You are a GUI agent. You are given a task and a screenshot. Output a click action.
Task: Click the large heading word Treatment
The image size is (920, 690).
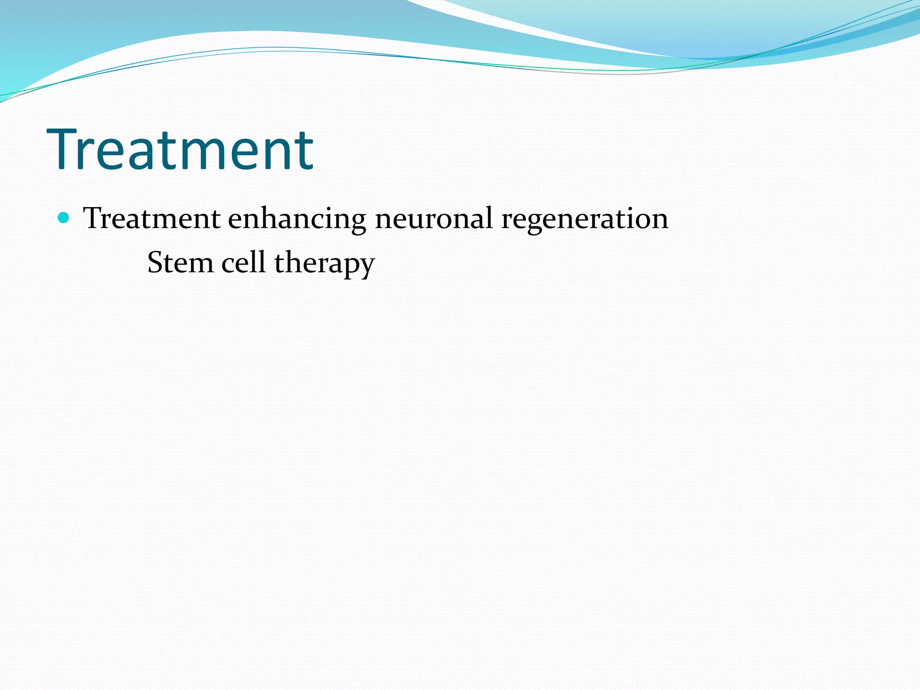[180, 149]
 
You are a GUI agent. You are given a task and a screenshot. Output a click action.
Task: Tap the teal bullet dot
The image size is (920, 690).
[64, 218]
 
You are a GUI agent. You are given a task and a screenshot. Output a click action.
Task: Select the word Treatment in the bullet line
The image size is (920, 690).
[152, 219]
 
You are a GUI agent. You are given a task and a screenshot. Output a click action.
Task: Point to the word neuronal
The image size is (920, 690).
[433, 219]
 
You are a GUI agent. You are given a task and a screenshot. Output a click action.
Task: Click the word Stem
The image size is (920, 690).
[180, 263]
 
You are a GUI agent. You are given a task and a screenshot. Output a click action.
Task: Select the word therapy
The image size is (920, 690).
[324, 264]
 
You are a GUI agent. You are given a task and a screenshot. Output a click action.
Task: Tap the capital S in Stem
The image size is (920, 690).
[155, 263]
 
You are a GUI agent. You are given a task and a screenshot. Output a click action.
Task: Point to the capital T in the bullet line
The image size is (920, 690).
[93, 218]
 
